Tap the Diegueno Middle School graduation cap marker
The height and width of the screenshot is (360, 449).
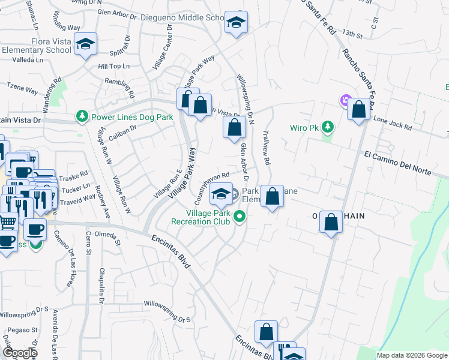pyautogui.click(x=237, y=23)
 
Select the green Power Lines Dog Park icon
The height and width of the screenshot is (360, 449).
pyautogui.click(x=82, y=116)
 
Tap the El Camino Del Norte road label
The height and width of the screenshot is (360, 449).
pyautogui.click(x=397, y=163)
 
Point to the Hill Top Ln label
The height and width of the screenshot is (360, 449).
pyautogui.click(x=113, y=66)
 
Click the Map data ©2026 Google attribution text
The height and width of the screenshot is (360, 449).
pyautogui.click(x=412, y=355)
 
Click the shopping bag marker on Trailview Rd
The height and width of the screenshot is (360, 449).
pyautogui.click(x=272, y=196)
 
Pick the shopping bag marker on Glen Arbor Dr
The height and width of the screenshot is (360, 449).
pyautogui.click(x=234, y=127)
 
